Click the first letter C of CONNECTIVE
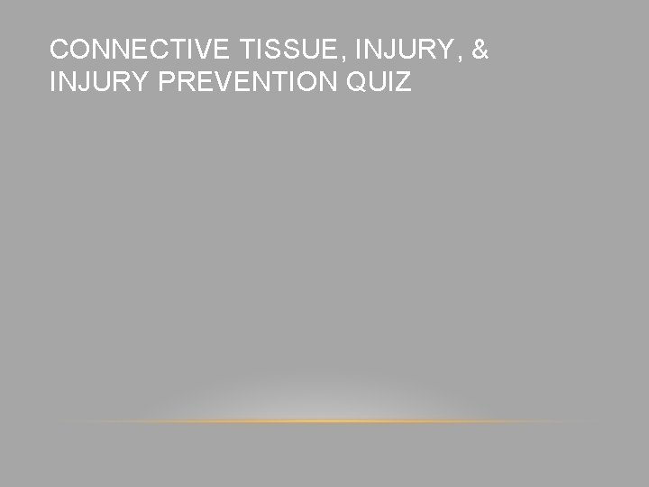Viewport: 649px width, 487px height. coord(59,51)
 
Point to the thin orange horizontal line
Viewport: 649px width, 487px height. coord(324,421)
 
